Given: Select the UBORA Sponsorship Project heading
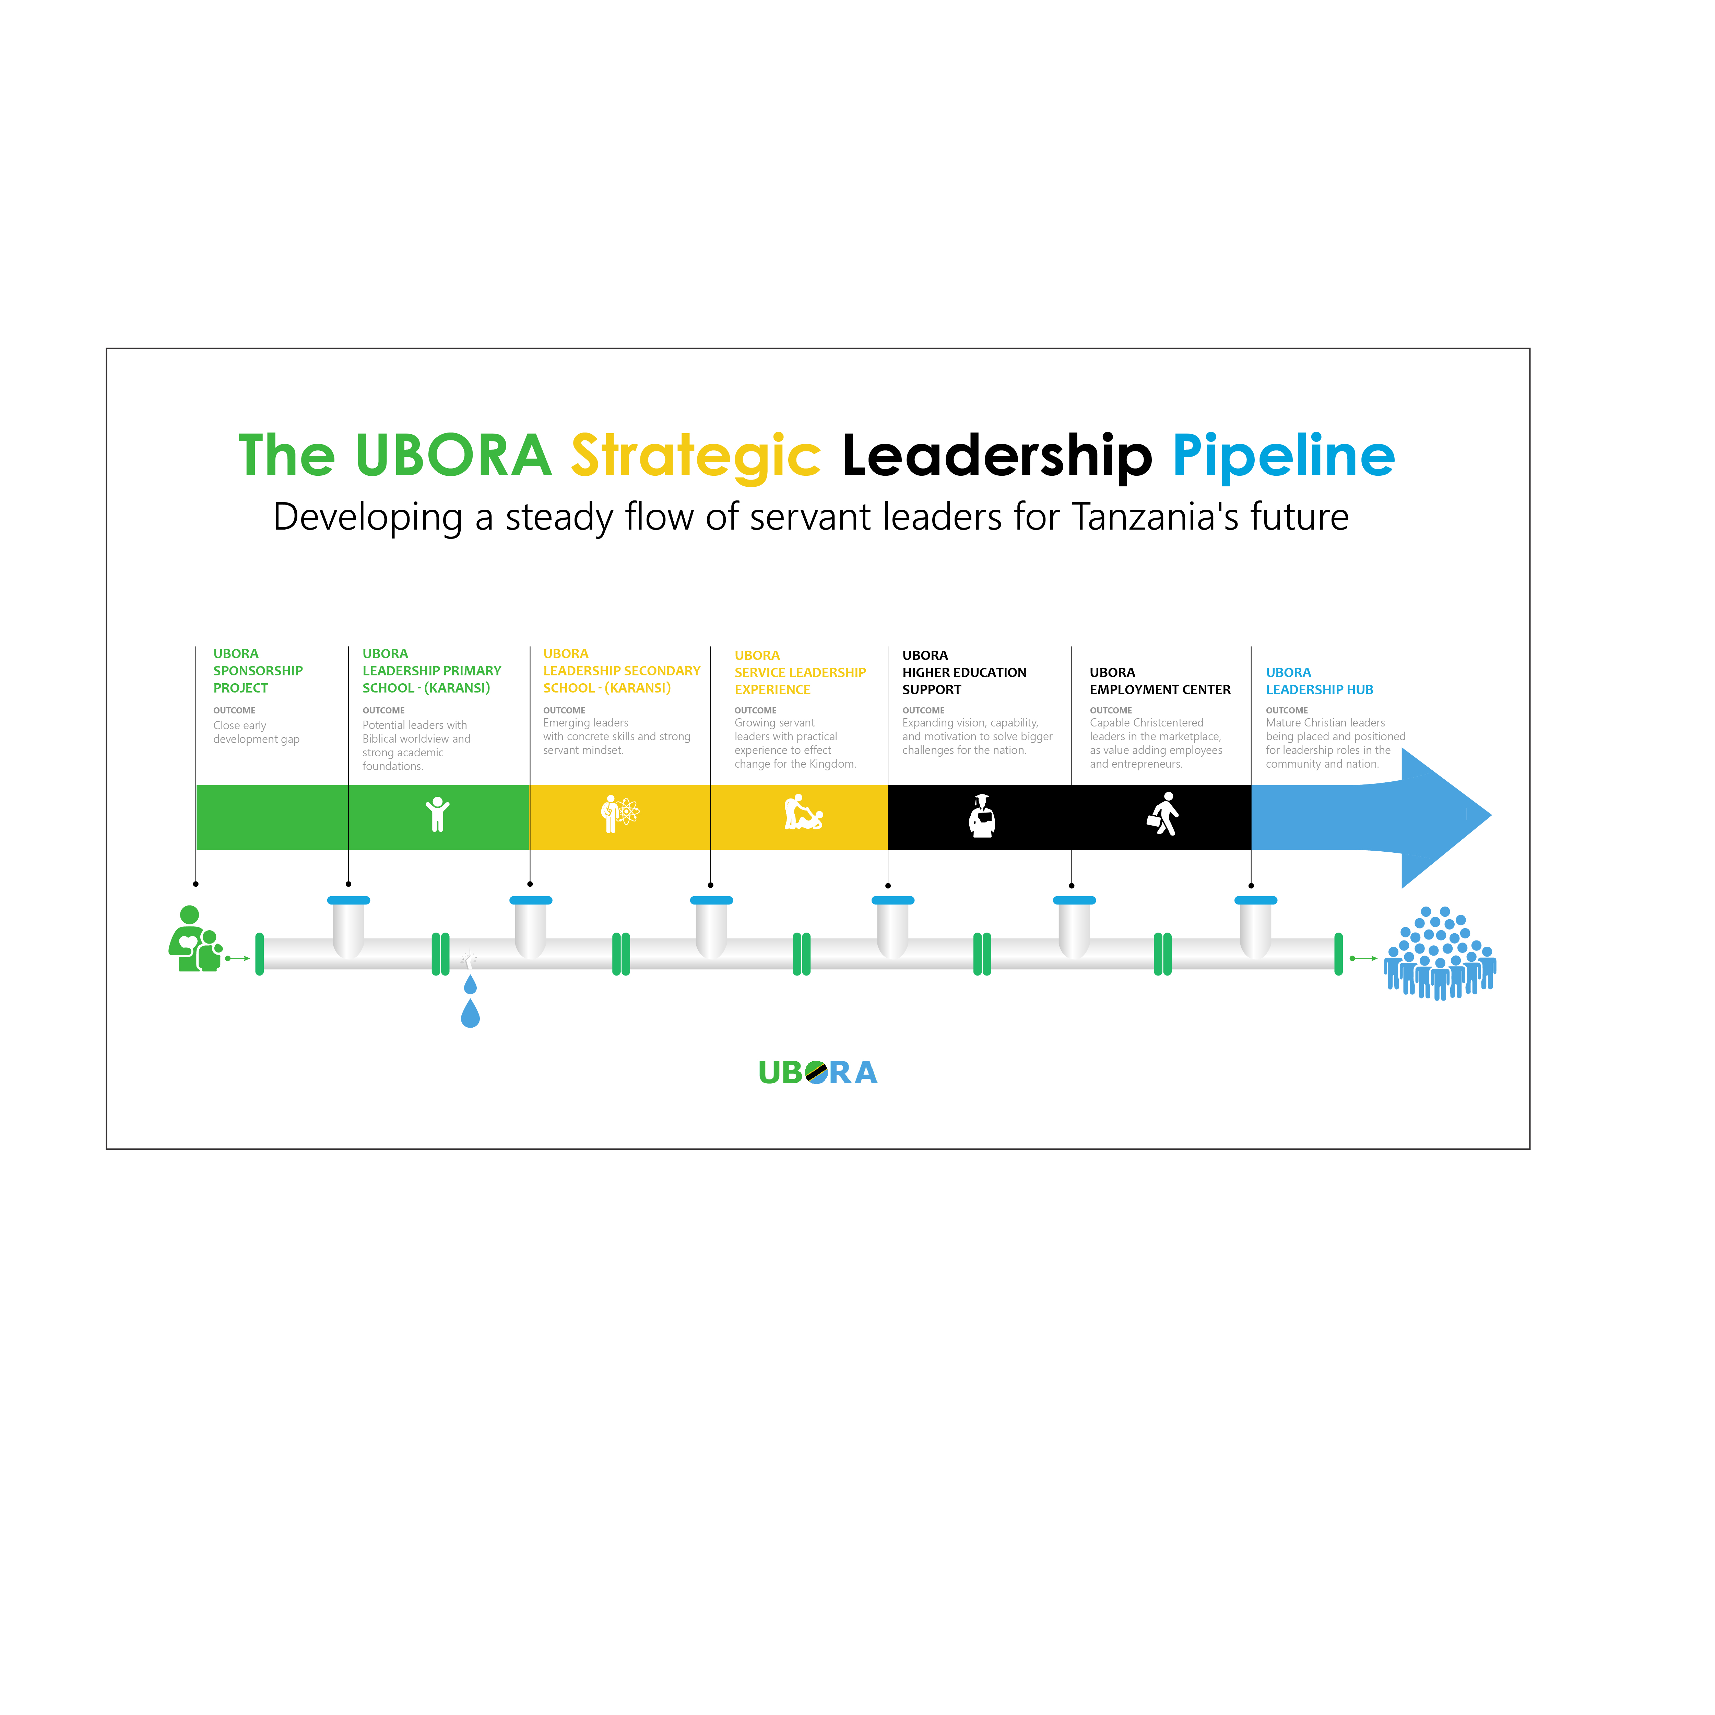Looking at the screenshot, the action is coord(258,671).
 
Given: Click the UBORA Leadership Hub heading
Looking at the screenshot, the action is coord(1319,681).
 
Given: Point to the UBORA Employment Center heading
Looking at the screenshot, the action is coord(1160,681).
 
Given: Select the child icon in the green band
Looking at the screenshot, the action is coord(437,814).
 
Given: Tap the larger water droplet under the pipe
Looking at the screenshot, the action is coord(471,1014).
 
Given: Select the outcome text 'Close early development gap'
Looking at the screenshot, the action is coord(257,732).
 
